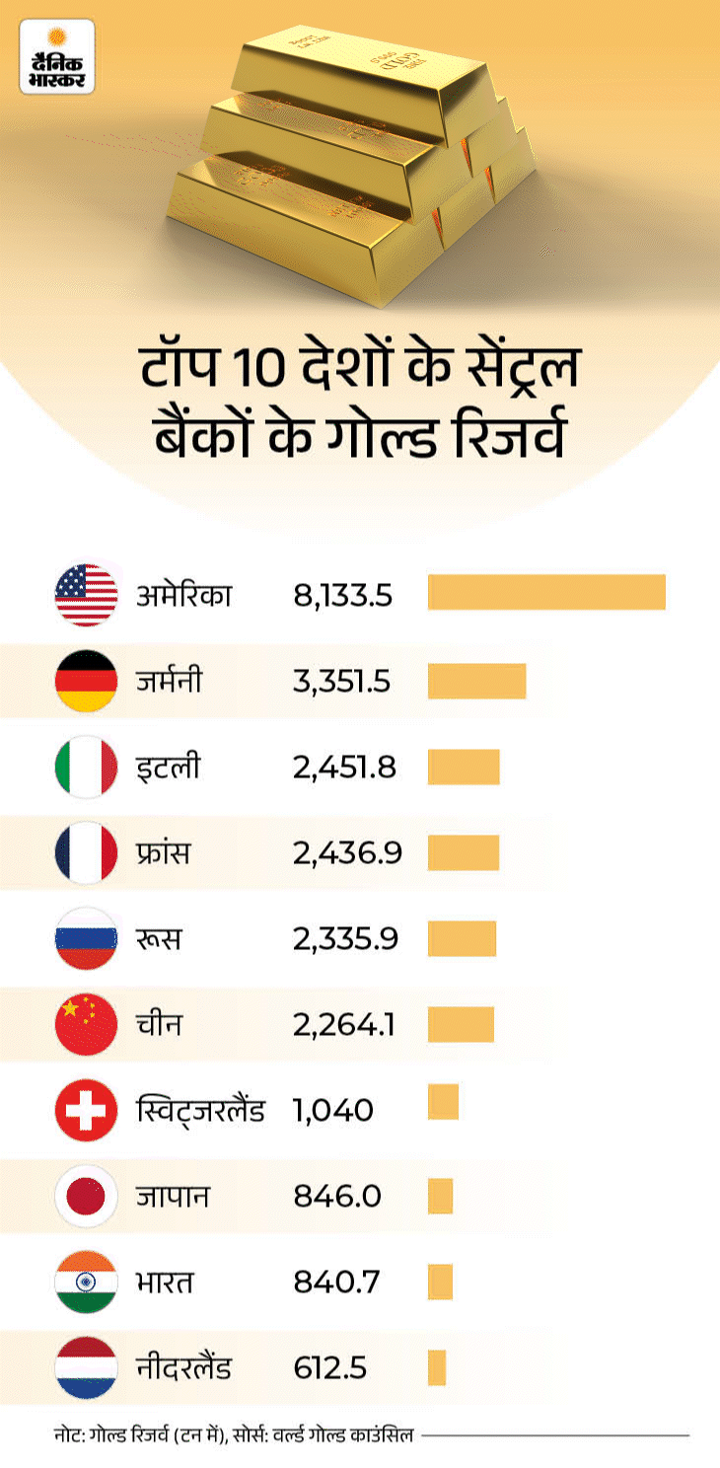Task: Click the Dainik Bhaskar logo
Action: point(57,56)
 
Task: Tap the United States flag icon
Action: point(86,595)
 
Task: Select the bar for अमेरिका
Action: point(546,592)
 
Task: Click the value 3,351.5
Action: point(342,682)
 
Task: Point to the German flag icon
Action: point(86,681)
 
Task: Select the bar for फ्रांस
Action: point(464,852)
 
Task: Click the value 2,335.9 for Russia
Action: point(345,938)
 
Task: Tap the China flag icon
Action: point(86,1024)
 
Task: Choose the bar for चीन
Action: point(461,1024)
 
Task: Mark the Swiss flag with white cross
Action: point(86,1110)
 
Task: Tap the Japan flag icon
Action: point(86,1196)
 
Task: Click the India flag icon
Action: point(86,1282)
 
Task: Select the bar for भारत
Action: point(440,1282)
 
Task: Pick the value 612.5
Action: point(330,1367)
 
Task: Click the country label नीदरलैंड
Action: point(184,1367)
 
